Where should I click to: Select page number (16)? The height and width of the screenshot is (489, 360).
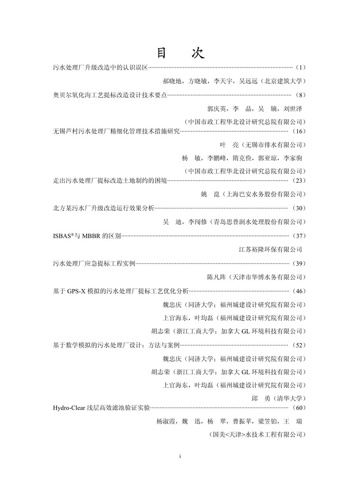click(x=299, y=131)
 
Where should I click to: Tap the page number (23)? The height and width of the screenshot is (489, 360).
click(x=299, y=181)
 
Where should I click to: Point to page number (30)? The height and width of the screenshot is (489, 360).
click(x=299, y=208)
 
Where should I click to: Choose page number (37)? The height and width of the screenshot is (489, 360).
click(x=299, y=235)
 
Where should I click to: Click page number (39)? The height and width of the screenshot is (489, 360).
click(x=299, y=263)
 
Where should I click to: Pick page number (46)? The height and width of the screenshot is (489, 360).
click(x=299, y=291)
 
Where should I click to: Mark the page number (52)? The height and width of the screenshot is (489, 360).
click(x=299, y=345)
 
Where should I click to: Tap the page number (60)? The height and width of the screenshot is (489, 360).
click(x=299, y=408)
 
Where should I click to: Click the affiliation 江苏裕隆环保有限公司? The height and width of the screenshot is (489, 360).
click(x=270, y=249)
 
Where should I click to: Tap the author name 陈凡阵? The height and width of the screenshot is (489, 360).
click(x=216, y=276)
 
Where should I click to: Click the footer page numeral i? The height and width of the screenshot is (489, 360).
click(x=180, y=456)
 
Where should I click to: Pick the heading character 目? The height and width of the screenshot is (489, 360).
click(x=162, y=53)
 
